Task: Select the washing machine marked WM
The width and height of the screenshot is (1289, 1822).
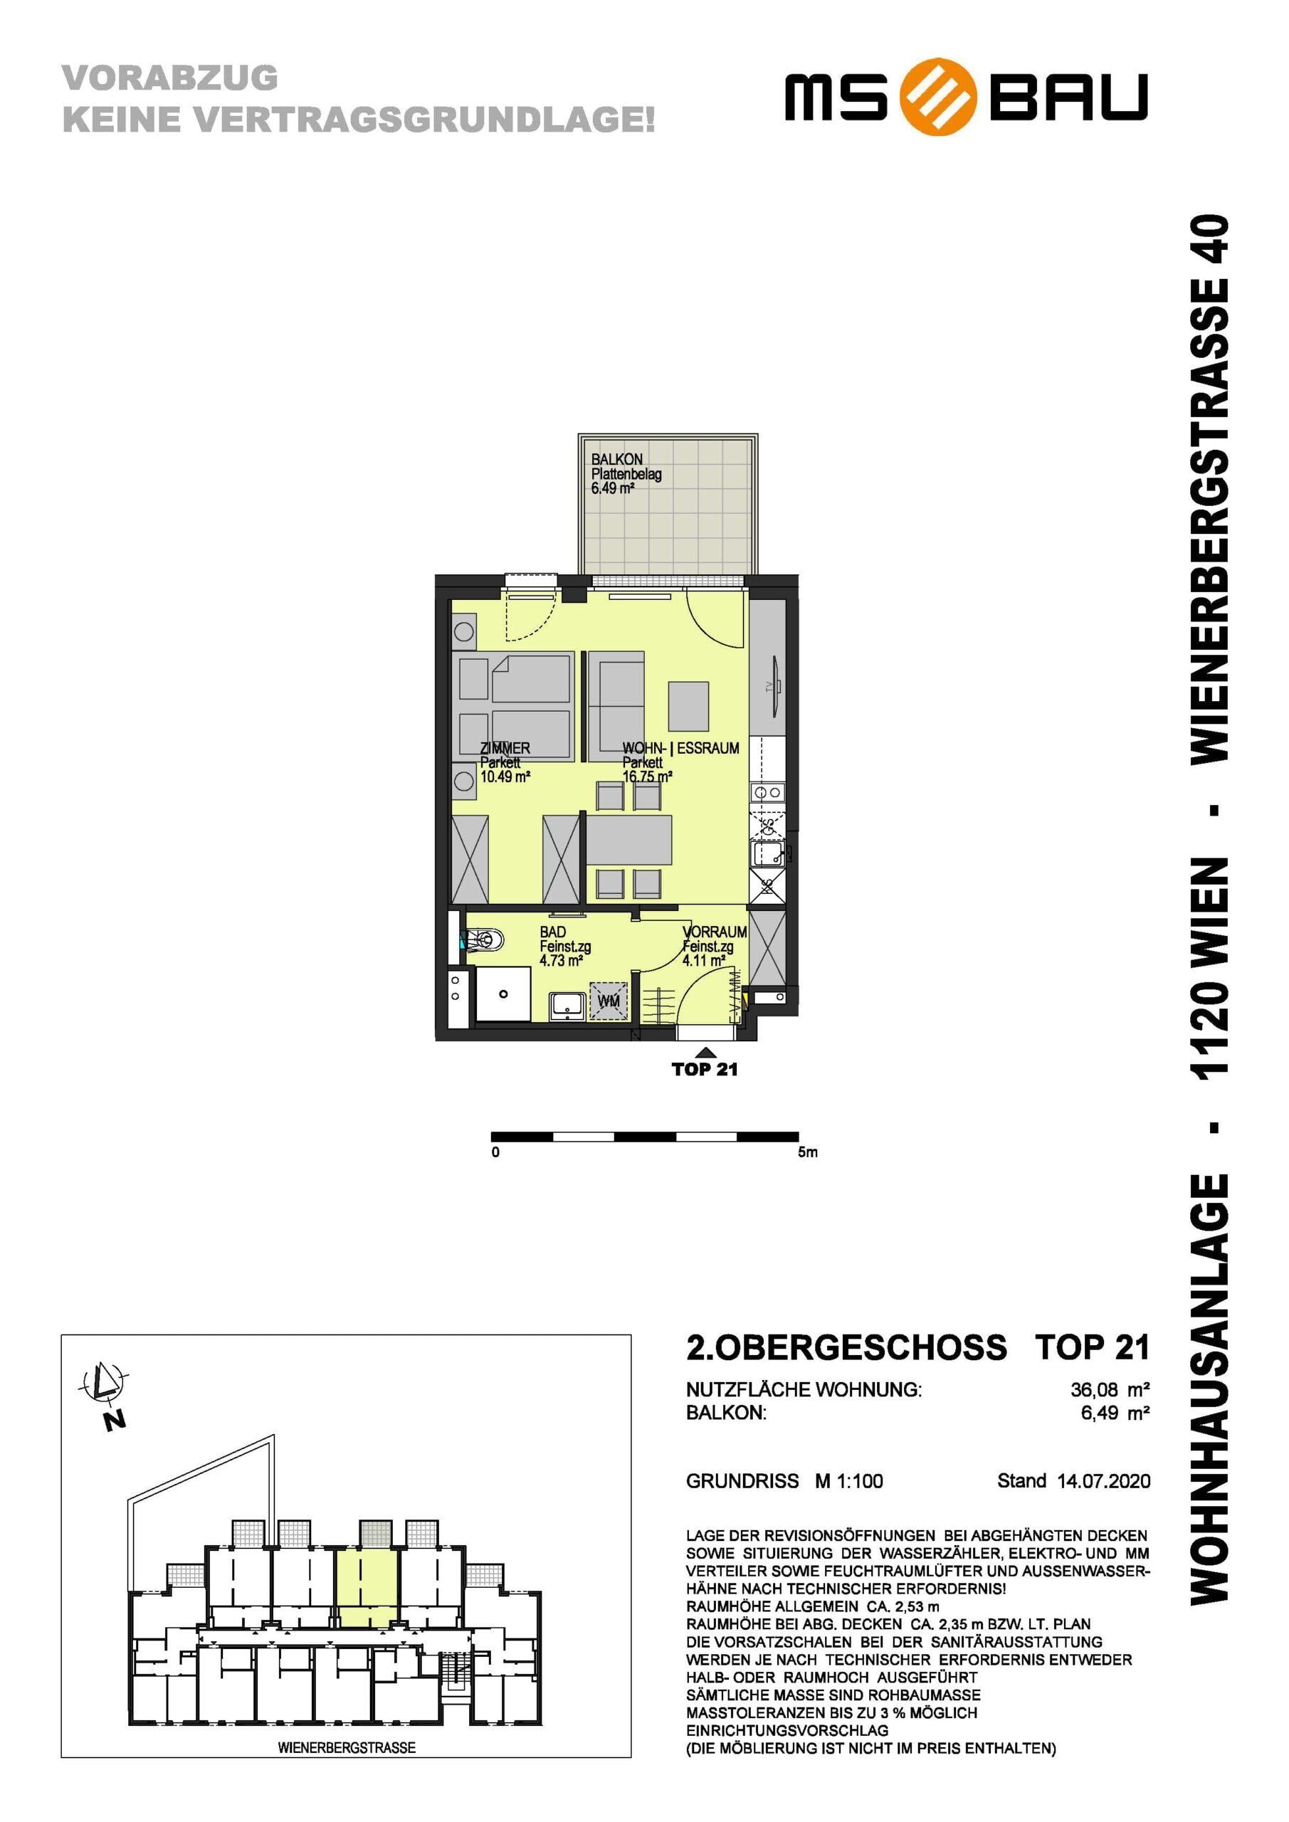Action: [x=608, y=1001]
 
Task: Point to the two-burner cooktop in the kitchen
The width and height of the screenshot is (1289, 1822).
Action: [x=767, y=792]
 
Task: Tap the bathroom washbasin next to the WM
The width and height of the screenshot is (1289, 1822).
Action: [x=567, y=1006]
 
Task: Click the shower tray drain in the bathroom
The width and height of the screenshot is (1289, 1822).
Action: [x=503, y=994]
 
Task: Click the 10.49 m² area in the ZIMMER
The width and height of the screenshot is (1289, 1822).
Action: [x=505, y=777]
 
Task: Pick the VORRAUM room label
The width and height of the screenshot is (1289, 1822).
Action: [x=715, y=932]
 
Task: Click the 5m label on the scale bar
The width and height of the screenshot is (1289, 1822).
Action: [x=807, y=1152]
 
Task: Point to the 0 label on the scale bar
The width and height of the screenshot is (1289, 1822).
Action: [x=495, y=1152]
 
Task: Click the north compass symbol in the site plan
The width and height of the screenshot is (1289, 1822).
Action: [x=103, y=1385]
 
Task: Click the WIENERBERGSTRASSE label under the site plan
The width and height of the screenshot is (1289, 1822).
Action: [x=347, y=1747]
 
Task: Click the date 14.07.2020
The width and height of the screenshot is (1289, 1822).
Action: [x=1103, y=1481]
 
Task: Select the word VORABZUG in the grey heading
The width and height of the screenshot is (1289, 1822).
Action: [x=170, y=78]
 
